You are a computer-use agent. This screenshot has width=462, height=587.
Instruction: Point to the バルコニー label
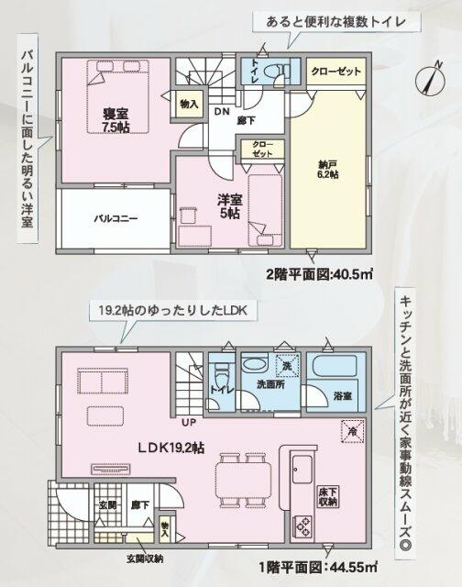[114, 219]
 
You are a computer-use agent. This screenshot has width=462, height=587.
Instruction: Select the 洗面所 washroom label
[269, 385]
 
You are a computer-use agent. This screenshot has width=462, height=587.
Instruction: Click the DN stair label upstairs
[222, 112]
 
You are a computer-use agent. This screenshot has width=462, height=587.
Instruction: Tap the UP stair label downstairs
[190, 423]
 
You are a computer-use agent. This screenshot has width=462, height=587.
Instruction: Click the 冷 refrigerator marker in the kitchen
[351, 428]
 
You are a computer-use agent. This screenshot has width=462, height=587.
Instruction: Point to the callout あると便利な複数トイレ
[318, 20]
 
